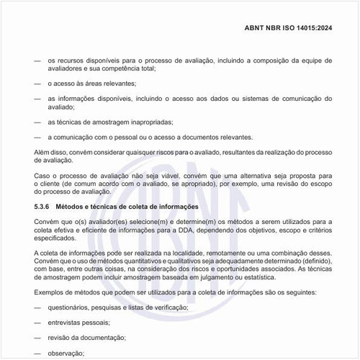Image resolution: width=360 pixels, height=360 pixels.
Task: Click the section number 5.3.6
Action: (x=44, y=206)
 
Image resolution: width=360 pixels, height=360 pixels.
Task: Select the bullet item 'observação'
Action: (x=66, y=353)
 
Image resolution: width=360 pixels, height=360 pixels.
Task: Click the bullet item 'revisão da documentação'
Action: (x=86, y=338)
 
